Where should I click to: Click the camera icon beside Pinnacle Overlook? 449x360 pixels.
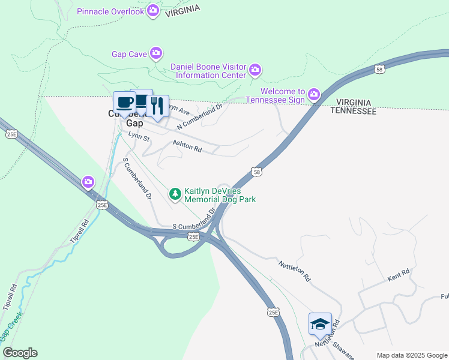[153, 10]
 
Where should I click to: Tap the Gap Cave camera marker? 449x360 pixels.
[156, 53]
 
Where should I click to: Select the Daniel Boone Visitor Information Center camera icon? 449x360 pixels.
[255, 70]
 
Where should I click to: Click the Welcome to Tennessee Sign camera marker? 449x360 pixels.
[313, 95]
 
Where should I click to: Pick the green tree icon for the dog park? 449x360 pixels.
[175, 194]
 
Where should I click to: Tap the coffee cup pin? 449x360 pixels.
[124, 103]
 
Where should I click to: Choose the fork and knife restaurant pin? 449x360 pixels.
[157, 107]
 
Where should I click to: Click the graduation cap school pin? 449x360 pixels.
[320, 325]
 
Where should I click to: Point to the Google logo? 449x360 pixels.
[20, 353]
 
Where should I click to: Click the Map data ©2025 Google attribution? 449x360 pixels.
[411, 355]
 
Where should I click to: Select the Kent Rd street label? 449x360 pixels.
[399, 275]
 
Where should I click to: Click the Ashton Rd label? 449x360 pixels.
[187, 146]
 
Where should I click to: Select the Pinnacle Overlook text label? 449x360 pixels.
[111, 11]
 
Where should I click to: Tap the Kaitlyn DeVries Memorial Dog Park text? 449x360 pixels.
[220, 194]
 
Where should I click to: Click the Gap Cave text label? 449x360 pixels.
[129, 54]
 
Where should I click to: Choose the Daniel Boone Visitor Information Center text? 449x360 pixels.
[208, 71]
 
